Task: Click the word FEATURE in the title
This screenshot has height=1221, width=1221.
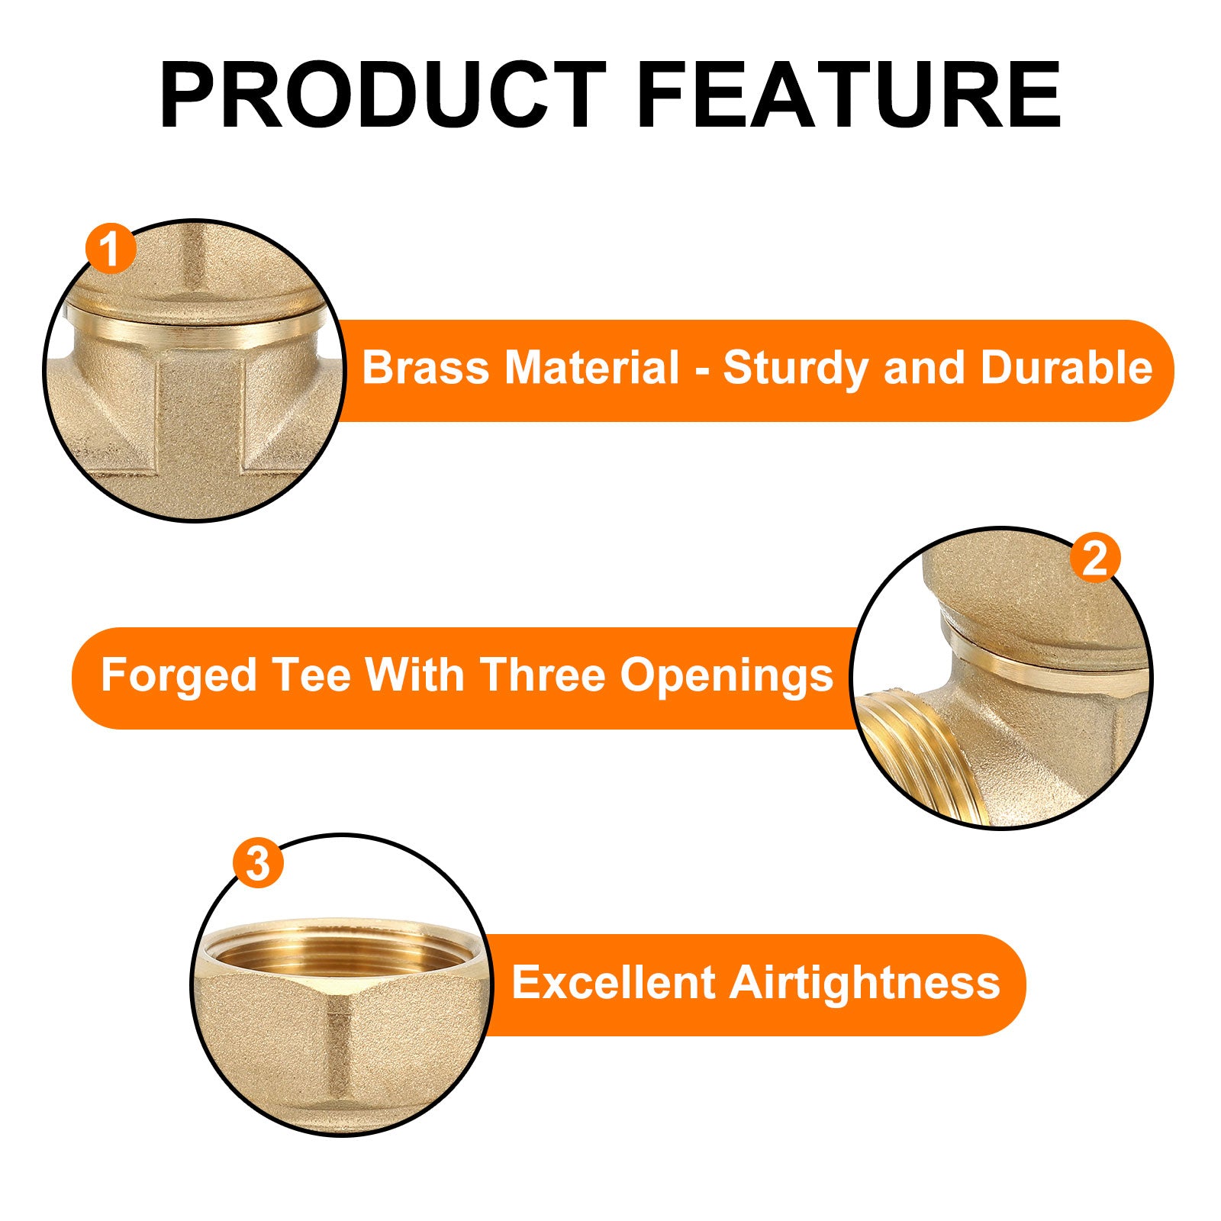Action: coord(849,95)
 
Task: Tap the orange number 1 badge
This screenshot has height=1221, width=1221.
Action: coord(111,249)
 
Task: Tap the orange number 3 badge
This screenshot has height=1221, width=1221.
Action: coord(258,864)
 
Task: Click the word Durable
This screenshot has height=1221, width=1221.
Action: coord(1066,368)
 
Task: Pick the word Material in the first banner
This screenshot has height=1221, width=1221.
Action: coord(591,368)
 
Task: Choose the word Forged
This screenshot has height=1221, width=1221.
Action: coord(179,676)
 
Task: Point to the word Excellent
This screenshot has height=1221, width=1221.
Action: coord(613,982)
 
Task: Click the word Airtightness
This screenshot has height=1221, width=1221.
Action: coord(865,984)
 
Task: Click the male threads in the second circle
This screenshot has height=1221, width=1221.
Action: coord(920,752)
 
